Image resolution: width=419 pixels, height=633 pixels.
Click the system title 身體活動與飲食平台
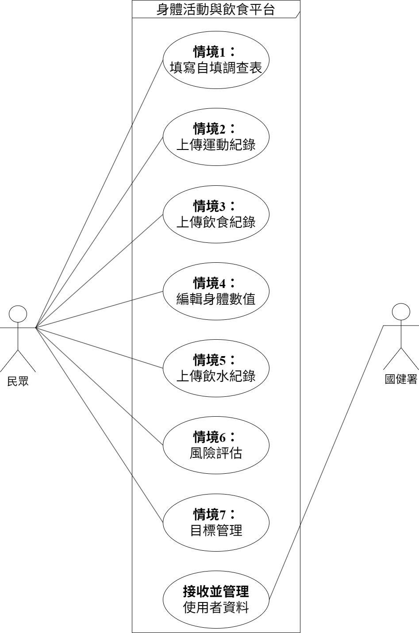pos(215,9)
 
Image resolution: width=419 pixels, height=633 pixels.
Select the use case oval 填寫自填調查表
pos(215,60)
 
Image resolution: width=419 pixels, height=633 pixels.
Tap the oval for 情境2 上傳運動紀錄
pos(215,137)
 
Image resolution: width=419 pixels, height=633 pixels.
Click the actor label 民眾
pos(18,381)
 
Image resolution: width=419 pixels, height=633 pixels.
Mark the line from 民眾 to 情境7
pos(99,425)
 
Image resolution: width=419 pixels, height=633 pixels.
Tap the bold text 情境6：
pos(215,437)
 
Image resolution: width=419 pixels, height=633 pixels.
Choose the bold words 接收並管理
pos(215,591)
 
